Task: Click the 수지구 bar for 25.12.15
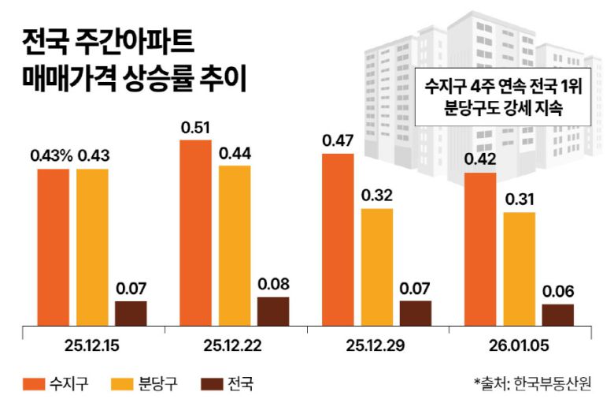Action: click(54, 247)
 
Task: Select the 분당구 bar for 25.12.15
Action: click(92, 247)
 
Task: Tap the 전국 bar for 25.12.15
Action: click(131, 313)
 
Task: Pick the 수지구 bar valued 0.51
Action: click(195, 233)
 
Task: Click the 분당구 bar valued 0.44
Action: click(235, 244)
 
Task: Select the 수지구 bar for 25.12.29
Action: click(338, 240)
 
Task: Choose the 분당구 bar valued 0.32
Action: click(376, 267)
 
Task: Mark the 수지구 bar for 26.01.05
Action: click(480, 248)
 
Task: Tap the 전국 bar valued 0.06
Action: click(557, 315)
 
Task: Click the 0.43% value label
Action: click(51, 155)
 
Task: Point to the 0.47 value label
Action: click(338, 141)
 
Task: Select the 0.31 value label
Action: click(519, 200)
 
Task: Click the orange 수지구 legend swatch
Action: click(33, 384)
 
